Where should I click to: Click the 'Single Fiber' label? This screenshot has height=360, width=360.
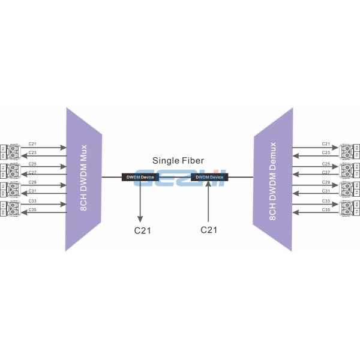click(x=178, y=161)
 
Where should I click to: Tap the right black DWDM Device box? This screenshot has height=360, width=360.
click(x=209, y=177)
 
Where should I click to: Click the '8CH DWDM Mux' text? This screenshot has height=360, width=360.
click(x=84, y=176)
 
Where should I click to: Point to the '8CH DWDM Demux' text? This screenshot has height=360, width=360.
click(x=273, y=181)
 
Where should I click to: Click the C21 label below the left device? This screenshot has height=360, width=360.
click(x=140, y=229)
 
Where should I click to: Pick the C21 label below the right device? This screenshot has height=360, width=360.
click(x=208, y=229)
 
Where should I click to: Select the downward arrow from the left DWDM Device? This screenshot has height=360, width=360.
click(x=140, y=201)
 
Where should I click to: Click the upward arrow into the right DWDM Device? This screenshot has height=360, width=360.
click(x=208, y=201)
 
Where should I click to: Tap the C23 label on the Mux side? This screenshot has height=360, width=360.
click(x=32, y=153)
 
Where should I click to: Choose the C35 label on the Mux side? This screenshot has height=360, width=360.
click(x=32, y=210)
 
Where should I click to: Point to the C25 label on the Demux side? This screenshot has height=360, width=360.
click(x=326, y=163)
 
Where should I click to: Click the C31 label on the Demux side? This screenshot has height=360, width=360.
click(x=326, y=191)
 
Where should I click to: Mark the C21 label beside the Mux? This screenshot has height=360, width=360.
click(x=32, y=144)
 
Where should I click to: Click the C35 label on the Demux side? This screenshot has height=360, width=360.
click(x=326, y=210)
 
